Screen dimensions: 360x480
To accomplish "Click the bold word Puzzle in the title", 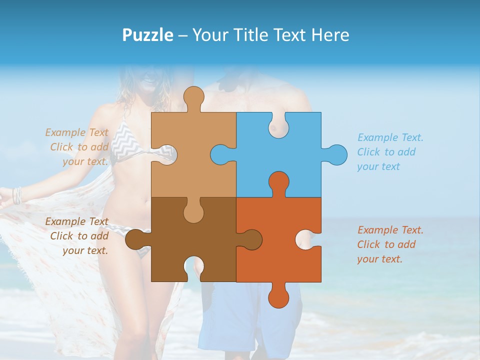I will [x=147, y=35].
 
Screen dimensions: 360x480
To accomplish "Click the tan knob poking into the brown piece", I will [x=193, y=211].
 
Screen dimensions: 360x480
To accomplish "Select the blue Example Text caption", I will [x=390, y=152].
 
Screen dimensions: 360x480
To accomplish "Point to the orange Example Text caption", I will [x=390, y=244].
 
